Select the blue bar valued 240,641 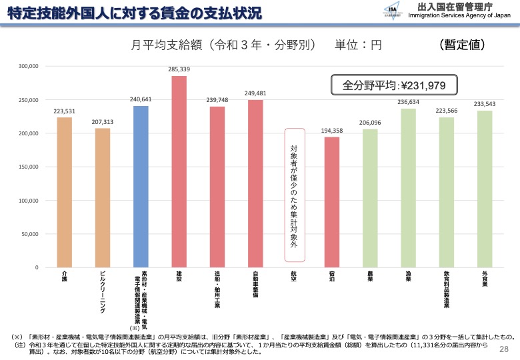pos(141,187)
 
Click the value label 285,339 pos(179,69)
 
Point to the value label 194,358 pos(332,131)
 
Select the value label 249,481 pos(255,93)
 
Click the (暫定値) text pos(463,44)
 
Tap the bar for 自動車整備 pos(255,183)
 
